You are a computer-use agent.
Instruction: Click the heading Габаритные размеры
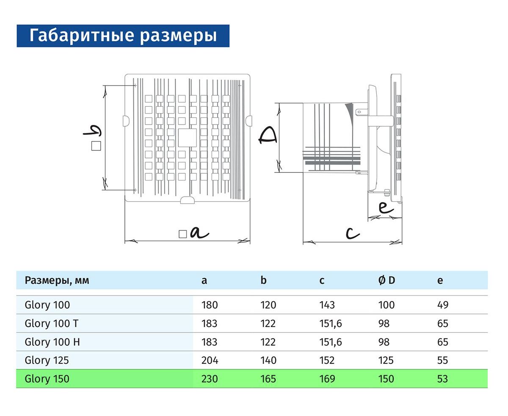click(x=123, y=36)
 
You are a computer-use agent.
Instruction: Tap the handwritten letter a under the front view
click(x=199, y=233)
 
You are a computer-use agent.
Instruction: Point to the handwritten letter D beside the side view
click(x=268, y=136)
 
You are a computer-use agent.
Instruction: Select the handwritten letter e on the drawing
click(x=386, y=208)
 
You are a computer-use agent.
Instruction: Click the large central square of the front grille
click(x=187, y=138)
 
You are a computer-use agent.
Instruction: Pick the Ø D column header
click(x=387, y=280)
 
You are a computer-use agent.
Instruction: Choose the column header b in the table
click(x=263, y=280)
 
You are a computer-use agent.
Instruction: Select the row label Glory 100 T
click(x=52, y=323)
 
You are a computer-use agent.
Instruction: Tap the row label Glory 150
click(x=47, y=379)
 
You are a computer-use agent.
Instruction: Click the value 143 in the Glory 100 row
click(x=327, y=305)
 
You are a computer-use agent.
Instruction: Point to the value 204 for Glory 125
click(x=210, y=361)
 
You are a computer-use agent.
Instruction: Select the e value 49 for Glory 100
click(x=443, y=305)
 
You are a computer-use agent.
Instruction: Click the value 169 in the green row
click(x=327, y=379)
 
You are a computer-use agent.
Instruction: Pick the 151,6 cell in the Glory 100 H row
click(x=331, y=342)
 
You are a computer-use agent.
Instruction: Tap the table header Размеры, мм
click(x=57, y=280)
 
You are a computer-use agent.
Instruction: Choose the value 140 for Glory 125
click(x=268, y=361)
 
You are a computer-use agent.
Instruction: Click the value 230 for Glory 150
click(x=210, y=379)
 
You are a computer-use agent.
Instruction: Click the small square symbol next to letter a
click(x=183, y=234)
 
